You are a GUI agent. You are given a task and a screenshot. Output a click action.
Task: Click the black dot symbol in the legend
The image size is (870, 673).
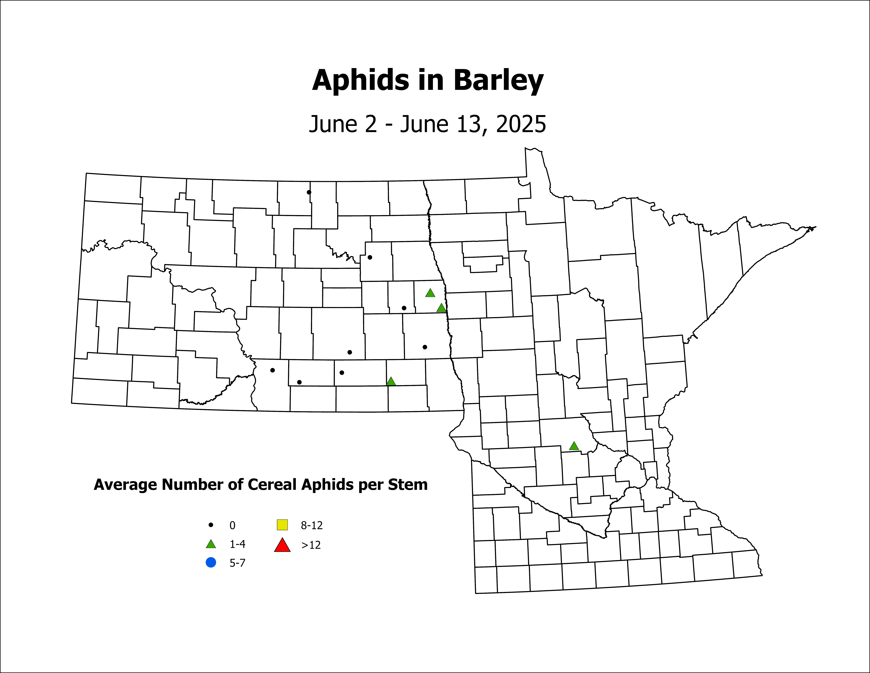tap(211, 525)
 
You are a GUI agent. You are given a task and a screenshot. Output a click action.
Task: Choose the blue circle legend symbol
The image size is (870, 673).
tap(211, 563)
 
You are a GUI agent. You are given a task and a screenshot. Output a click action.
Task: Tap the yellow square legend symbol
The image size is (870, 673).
tap(282, 525)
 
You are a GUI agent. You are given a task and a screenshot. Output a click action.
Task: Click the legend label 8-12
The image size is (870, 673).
tap(311, 525)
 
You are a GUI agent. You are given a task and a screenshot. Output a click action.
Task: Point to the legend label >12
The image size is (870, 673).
tap(311, 545)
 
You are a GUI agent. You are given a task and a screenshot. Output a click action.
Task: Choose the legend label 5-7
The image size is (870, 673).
tap(237, 563)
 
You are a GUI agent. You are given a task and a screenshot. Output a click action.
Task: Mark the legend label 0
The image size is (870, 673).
tap(232, 525)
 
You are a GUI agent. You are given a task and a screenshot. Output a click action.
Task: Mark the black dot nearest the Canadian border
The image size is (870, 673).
tap(309, 192)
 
